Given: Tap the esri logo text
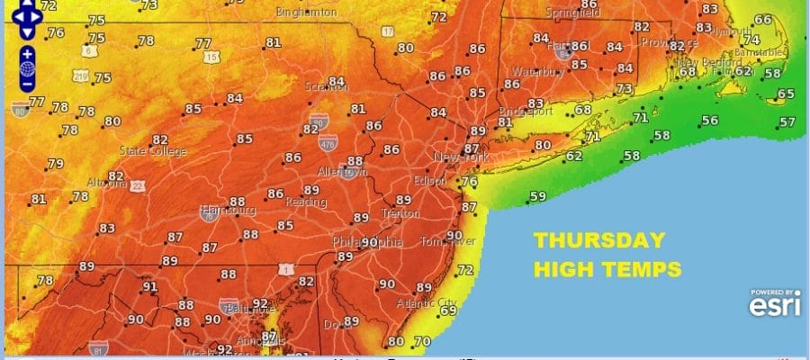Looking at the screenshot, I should (x=771, y=308).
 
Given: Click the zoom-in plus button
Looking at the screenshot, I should (x=27, y=53).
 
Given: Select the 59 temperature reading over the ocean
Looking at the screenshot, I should (x=538, y=196).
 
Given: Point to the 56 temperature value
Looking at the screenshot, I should (x=710, y=120).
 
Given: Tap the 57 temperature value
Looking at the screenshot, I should (x=787, y=122).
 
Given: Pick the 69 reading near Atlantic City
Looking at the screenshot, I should (x=449, y=310).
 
